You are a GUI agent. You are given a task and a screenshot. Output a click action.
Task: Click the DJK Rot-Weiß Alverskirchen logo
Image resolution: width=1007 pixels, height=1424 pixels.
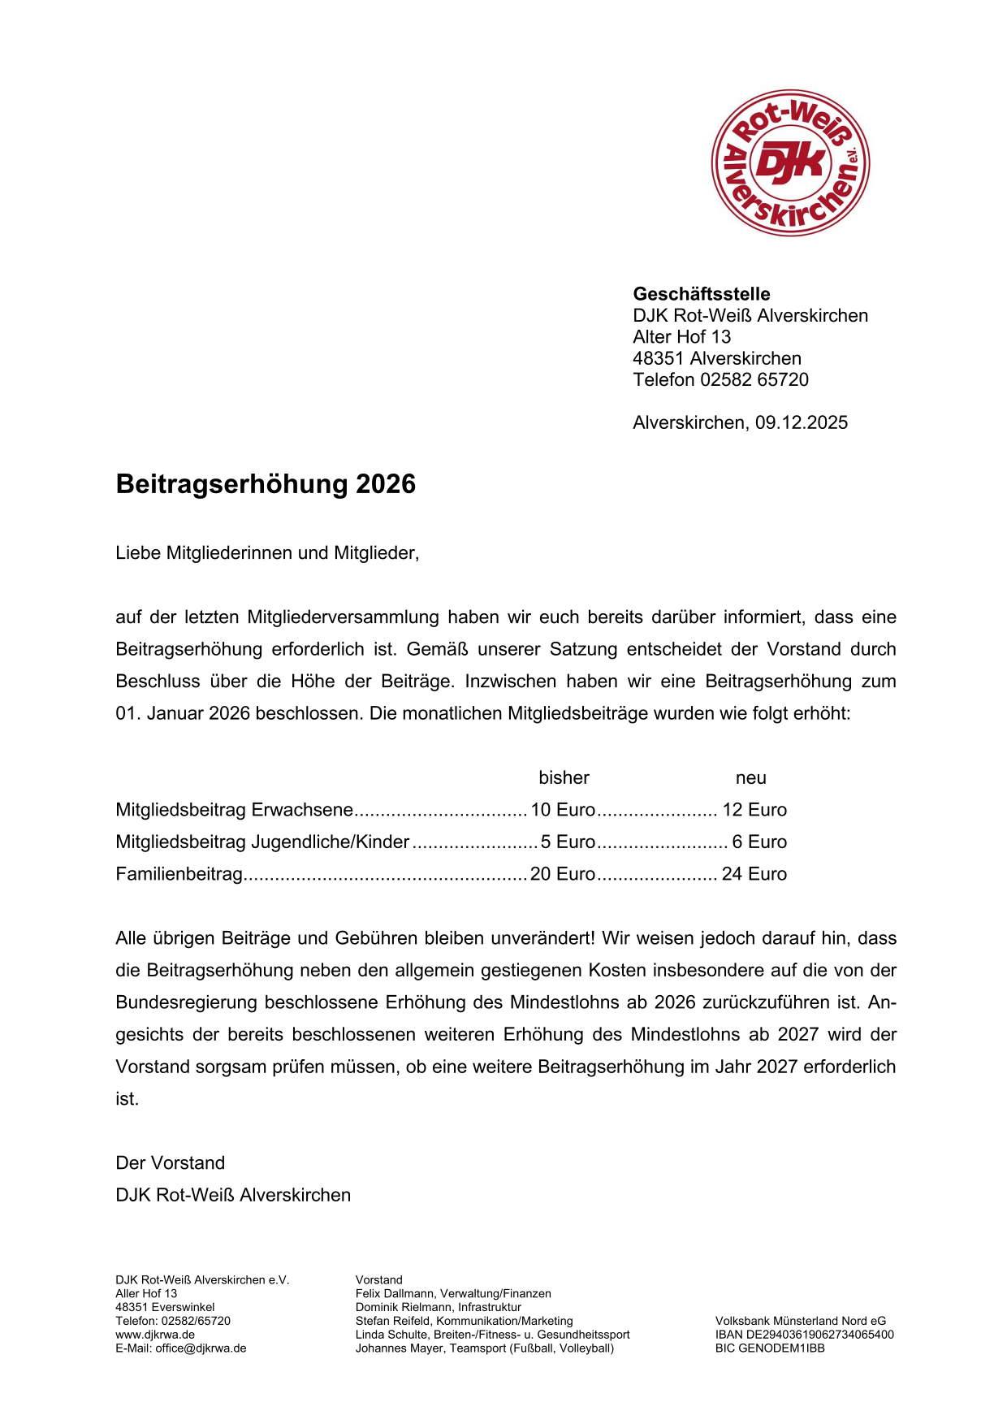click(x=790, y=163)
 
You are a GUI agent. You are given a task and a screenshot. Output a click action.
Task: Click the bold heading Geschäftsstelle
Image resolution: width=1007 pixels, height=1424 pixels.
click(x=701, y=294)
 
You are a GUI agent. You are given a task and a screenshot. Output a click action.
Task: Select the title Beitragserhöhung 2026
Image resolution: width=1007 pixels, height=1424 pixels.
click(x=266, y=484)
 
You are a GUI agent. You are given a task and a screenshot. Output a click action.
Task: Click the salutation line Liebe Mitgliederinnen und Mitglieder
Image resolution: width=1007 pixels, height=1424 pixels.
click(x=267, y=553)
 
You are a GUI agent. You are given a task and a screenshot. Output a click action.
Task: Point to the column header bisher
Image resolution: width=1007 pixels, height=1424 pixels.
click(x=564, y=777)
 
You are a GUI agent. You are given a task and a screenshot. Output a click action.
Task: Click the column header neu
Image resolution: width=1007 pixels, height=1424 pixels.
click(x=750, y=777)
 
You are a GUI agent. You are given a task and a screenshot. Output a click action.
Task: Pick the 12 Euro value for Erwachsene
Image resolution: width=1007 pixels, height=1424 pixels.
click(x=754, y=810)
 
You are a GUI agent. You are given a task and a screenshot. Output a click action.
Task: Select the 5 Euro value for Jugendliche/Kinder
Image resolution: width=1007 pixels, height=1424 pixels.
click(x=568, y=842)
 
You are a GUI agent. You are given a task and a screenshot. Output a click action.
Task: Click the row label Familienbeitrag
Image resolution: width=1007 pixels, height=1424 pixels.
click(x=179, y=874)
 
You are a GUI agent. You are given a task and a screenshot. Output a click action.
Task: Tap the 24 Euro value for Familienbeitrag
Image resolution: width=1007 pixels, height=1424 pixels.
click(x=754, y=874)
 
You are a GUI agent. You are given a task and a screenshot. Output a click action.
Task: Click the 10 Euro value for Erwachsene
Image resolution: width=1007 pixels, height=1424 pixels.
click(x=563, y=810)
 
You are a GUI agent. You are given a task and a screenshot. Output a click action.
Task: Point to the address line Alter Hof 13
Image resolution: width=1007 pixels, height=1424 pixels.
click(x=681, y=336)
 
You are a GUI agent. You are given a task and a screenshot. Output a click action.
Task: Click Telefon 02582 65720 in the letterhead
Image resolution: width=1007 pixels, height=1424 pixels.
click(x=720, y=379)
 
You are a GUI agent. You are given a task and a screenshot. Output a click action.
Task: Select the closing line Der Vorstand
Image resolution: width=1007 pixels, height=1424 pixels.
click(x=170, y=1162)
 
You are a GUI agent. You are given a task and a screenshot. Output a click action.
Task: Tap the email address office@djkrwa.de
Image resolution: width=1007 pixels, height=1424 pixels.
click(x=201, y=1348)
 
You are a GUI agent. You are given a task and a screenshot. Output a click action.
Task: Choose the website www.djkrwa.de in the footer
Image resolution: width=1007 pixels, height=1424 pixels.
click(x=154, y=1335)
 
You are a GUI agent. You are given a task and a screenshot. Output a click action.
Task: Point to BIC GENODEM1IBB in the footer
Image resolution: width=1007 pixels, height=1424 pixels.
click(x=769, y=1348)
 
